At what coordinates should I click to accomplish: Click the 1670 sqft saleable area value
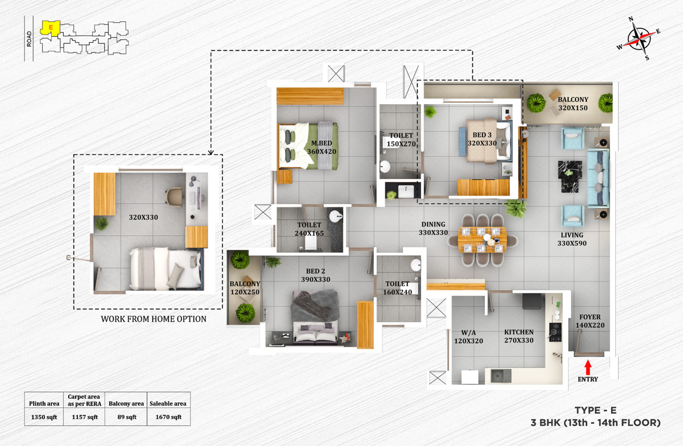point(168,417)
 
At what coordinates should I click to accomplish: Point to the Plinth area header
point(44,403)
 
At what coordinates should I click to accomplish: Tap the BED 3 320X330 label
point(482,139)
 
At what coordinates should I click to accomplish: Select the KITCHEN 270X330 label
point(519,336)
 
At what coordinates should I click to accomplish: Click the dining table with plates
point(482,239)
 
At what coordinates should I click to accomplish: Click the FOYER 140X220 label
point(590,321)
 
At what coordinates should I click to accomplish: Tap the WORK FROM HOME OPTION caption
point(154,319)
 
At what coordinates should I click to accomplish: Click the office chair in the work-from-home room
point(174,196)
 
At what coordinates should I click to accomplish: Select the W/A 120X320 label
point(468,336)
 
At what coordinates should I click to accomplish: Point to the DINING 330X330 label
point(433,229)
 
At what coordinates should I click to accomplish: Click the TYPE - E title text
point(595,410)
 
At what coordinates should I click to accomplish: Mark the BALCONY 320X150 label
point(573,104)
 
